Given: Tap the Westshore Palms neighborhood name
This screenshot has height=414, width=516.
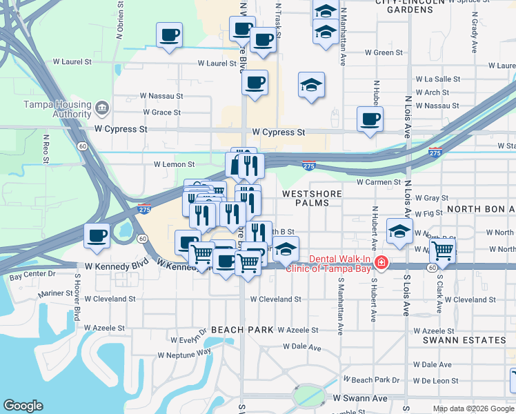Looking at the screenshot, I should point(311,199).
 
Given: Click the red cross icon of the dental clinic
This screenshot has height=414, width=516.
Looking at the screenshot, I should point(381,264).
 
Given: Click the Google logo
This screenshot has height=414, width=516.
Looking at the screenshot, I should point(23,406).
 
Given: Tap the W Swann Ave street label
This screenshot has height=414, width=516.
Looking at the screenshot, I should point(360,398).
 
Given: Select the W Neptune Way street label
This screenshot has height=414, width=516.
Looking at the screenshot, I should point(184,354).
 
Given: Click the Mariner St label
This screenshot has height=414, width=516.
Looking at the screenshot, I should point(56,293).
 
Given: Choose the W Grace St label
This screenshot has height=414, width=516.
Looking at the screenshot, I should point(161,112).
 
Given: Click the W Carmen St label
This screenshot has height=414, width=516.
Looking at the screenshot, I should point(378,182).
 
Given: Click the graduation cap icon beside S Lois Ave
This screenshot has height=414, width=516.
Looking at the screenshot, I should point(399,232).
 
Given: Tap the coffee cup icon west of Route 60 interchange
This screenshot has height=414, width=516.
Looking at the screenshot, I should point(96,235).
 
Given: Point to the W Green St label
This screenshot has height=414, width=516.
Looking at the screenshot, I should point(384,52).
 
